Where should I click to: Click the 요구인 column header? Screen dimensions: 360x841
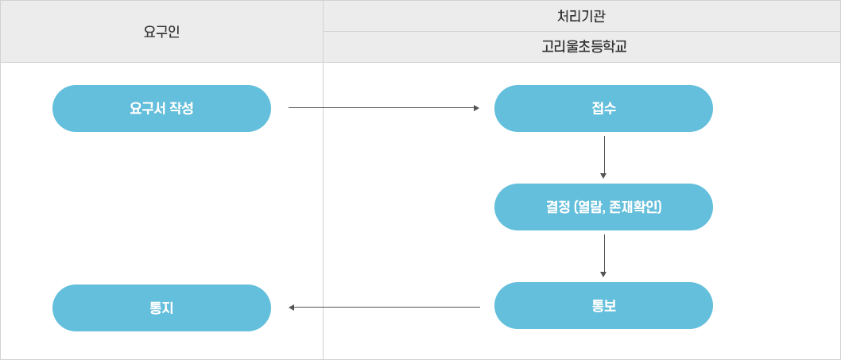pyautogui.click(x=161, y=32)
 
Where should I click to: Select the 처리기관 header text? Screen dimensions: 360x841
pyautogui.click(x=581, y=16)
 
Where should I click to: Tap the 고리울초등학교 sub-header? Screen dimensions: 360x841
pyautogui.click(x=583, y=47)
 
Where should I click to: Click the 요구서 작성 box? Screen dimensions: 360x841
pyautogui.click(x=161, y=108)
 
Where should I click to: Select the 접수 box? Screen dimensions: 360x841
pyautogui.click(x=603, y=108)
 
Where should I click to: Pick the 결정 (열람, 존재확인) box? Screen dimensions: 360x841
pyautogui.click(x=603, y=207)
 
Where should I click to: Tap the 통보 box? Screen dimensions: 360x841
pyautogui.click(x=603, y=305)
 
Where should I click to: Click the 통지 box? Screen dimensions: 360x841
pyautogui.click(x=161, y=308)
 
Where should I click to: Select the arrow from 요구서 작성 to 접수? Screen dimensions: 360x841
pyautogui.click(x=382, y=108)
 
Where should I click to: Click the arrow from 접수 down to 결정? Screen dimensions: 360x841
pyautogui.click(x=604, y=155)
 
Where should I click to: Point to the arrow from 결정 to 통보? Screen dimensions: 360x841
pyautogui.click(x=604, y=254)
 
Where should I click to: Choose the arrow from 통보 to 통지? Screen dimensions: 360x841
pyautogui.click(x=386, y=308)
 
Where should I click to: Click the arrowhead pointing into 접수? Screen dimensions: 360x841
pyautogui.click(x=476, y=108)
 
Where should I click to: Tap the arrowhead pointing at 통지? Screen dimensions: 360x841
pyautogui.click(x=292, y=308)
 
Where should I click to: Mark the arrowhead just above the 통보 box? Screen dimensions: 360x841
pyautogui.click(x=603, y=274)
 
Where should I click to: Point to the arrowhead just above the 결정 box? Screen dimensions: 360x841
pyautogui.click(x=603, y=176)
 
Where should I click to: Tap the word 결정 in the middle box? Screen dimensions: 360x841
pyautogui.click(x=558, y=207)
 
